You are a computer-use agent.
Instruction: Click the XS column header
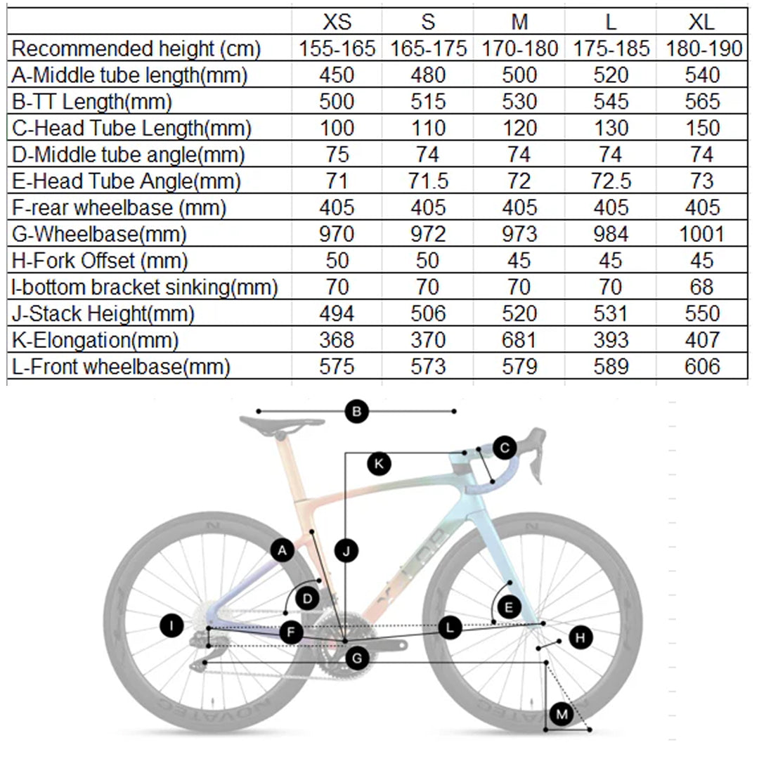click(x=337, y=22)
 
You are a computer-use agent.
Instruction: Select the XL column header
click(x=701, y=22)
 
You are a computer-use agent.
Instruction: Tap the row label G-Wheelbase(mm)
click(x=100, y=234)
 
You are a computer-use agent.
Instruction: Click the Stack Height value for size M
click(x=519, y=313)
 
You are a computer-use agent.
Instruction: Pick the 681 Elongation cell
click(x=519, y=340)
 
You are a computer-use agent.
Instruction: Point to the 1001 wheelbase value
click(x=701, y=234)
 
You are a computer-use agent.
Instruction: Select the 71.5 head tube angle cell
click(x=428, y=181)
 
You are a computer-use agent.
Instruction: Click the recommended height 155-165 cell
click(x=337, y=48)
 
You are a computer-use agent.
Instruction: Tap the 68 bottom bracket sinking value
click(x=701, y=287)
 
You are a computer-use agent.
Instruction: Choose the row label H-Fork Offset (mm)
click(x=100, y=261)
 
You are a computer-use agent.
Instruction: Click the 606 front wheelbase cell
click(x=701, y=366)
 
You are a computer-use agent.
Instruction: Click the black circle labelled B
click(x=357, y=411)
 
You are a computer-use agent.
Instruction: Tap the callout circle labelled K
click(x=379, y=463)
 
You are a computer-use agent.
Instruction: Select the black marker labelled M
click(x=562, y=715)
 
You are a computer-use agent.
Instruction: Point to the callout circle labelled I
click(x=172, y=625)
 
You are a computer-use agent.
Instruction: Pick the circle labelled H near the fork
click(x=580, y=637)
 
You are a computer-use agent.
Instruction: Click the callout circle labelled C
click(x=505, y=447)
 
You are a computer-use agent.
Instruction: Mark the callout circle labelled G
click(x=358, y=659)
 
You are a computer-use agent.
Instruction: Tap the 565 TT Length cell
click(x=701, y=102)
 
